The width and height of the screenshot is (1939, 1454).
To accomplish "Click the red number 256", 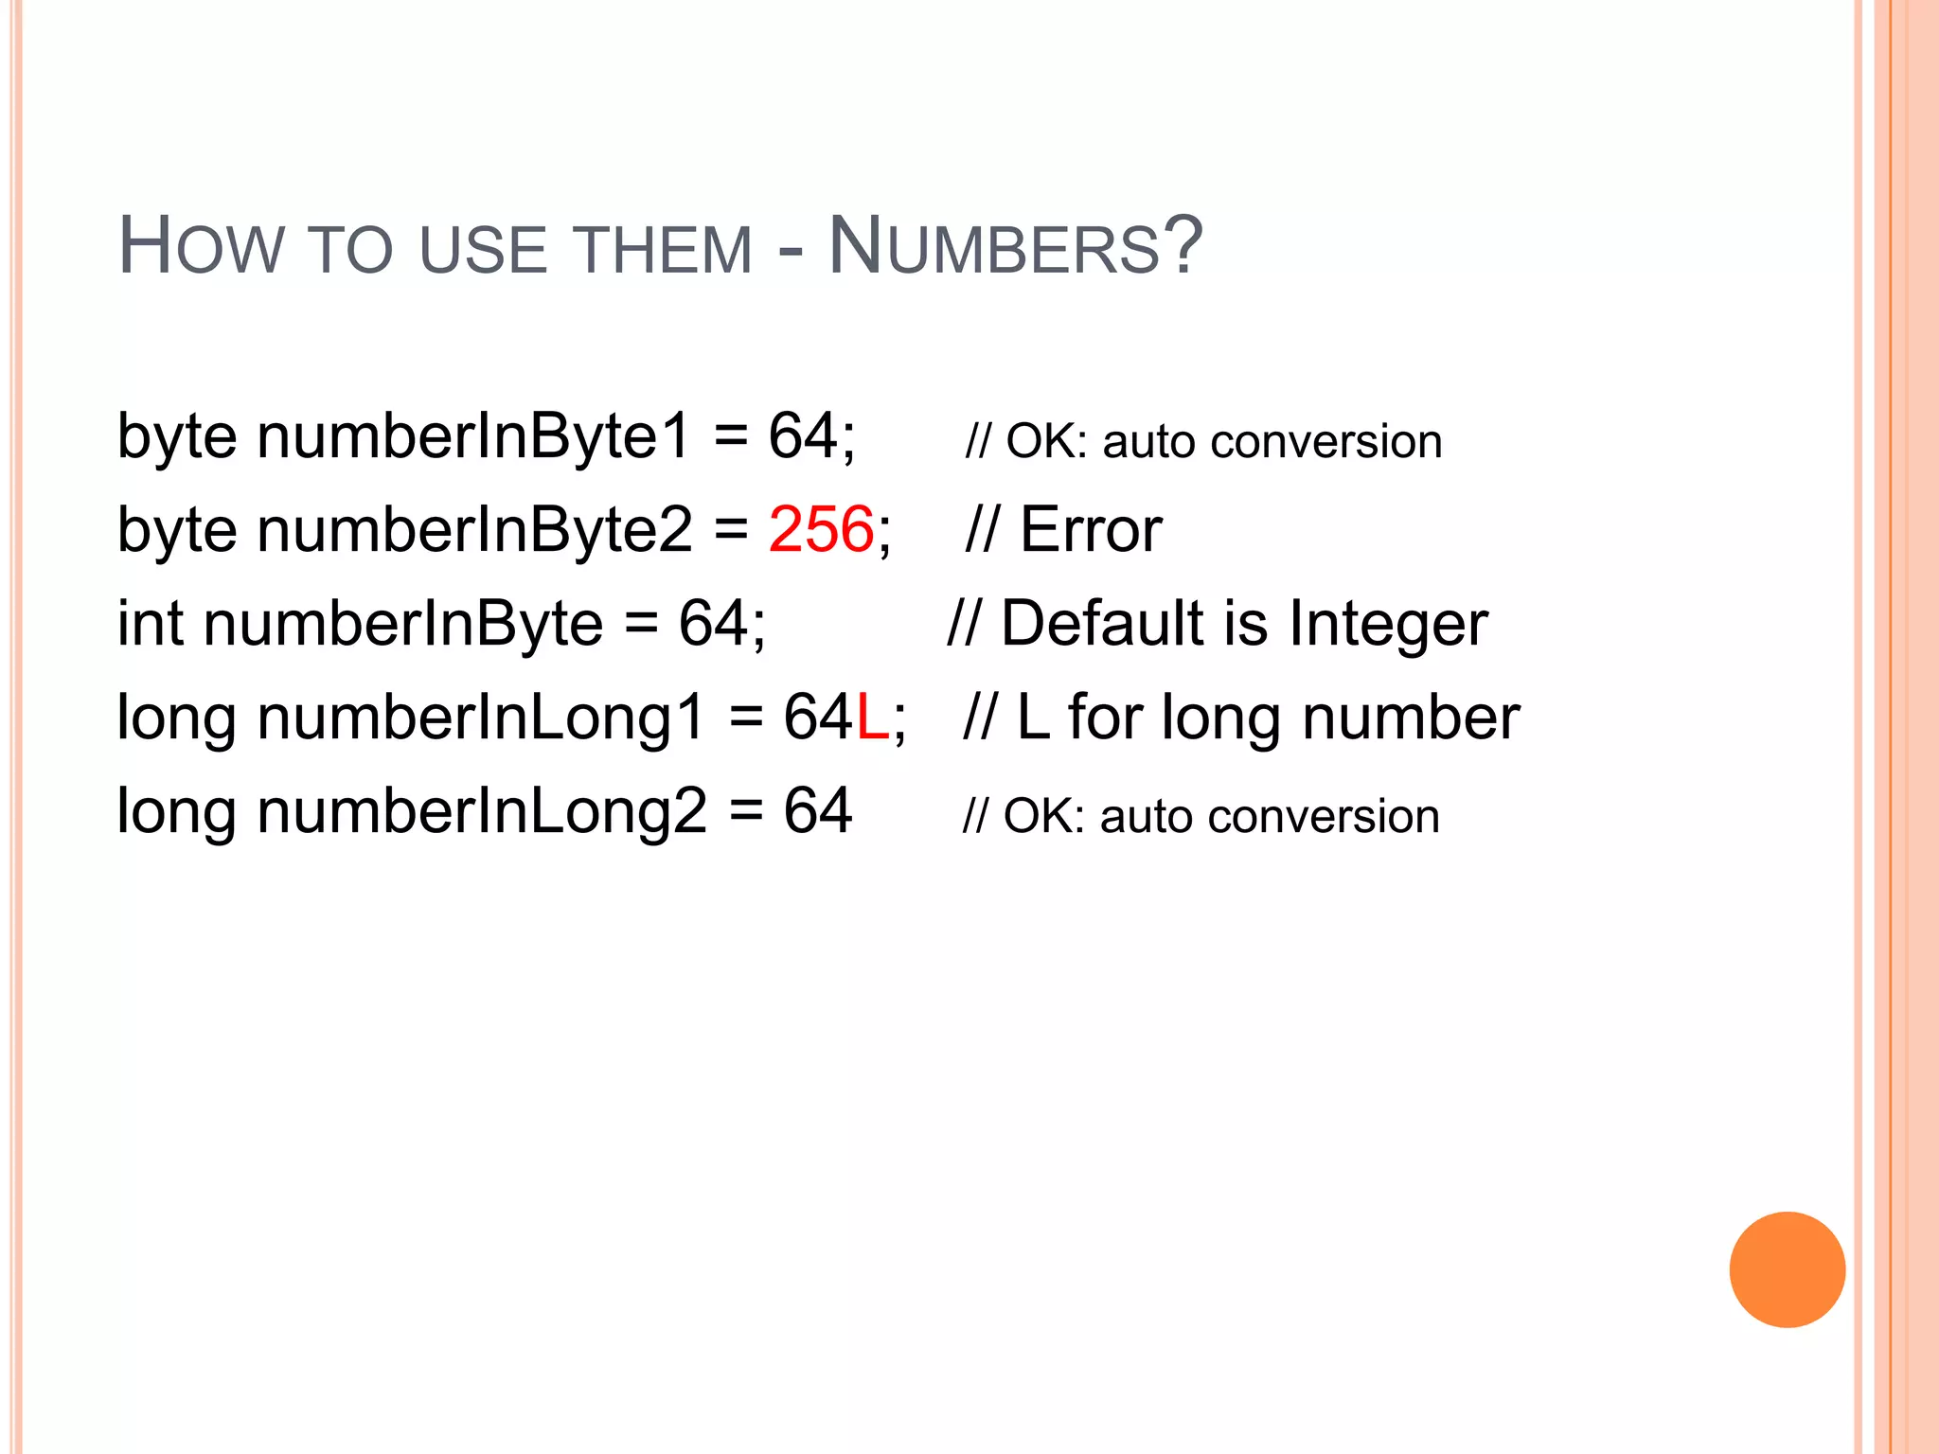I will (x=821, y=529).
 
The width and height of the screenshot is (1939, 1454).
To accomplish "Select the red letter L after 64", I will (x=872, y=718).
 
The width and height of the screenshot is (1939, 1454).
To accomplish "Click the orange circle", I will (x=1787, y=1269).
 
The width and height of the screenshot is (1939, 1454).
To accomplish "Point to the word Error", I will (x=1091, y=529).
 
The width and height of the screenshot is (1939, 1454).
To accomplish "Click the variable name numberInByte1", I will (x=473, y=437).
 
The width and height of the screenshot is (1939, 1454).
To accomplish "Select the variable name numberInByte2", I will (x=473, y=530).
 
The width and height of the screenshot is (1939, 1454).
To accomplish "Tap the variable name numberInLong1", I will (x=481, y=718).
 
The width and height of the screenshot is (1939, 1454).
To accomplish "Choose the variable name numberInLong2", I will (x=481, y=811).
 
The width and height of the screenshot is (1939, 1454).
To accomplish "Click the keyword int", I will (x=150, y=624).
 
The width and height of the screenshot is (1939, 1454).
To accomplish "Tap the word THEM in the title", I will (x=664, y=250).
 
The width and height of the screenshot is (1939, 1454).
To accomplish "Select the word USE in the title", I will (x=484, y=250).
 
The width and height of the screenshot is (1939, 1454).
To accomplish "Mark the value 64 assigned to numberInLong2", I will (x=818, y=811).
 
